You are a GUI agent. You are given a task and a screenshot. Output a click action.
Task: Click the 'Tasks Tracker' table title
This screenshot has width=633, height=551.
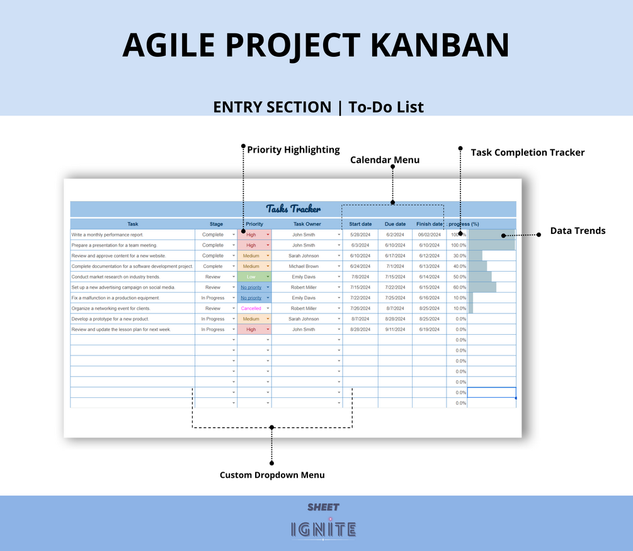click(293, 209)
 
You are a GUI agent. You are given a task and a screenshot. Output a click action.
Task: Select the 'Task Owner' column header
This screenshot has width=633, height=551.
click(307, 224)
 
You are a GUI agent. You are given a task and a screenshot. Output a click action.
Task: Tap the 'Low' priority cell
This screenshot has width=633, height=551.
click(251, 277)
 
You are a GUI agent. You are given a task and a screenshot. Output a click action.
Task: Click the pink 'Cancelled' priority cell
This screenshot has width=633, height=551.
click(251, 308)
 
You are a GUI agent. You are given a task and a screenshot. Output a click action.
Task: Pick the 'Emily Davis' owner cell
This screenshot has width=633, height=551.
click(304, 277)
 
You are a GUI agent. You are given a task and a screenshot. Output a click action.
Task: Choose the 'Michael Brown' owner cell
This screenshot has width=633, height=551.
click(304, 266)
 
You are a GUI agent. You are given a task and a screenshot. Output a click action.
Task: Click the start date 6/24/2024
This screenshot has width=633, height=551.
click(360, 266)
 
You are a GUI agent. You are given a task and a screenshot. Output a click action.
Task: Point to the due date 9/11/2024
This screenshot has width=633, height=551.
click(395, 329)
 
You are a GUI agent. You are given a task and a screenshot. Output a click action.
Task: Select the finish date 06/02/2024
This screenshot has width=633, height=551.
click(429, 235)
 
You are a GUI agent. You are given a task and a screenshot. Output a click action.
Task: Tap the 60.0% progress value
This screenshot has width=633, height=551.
click(459, 287)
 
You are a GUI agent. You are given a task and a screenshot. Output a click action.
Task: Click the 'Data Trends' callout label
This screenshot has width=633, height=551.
click(578, 231)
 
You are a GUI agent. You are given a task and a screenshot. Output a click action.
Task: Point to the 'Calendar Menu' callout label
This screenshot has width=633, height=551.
click(385, 160)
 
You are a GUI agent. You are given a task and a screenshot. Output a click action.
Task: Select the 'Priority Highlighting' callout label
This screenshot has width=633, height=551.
click(294, 150)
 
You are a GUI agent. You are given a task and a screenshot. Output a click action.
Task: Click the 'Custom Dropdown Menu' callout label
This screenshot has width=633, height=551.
click(272, 475)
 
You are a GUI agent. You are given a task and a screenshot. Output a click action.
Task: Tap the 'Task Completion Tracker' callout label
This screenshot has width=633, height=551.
click(528, 153)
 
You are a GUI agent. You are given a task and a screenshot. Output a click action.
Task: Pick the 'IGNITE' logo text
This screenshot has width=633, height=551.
click(324, 529)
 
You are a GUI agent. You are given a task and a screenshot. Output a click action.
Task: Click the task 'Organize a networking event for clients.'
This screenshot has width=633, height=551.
click(111, 308)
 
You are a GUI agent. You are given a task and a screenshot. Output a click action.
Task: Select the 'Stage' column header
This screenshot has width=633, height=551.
click(216, 224)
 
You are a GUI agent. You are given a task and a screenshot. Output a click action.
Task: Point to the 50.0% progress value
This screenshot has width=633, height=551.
click(459, 277)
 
